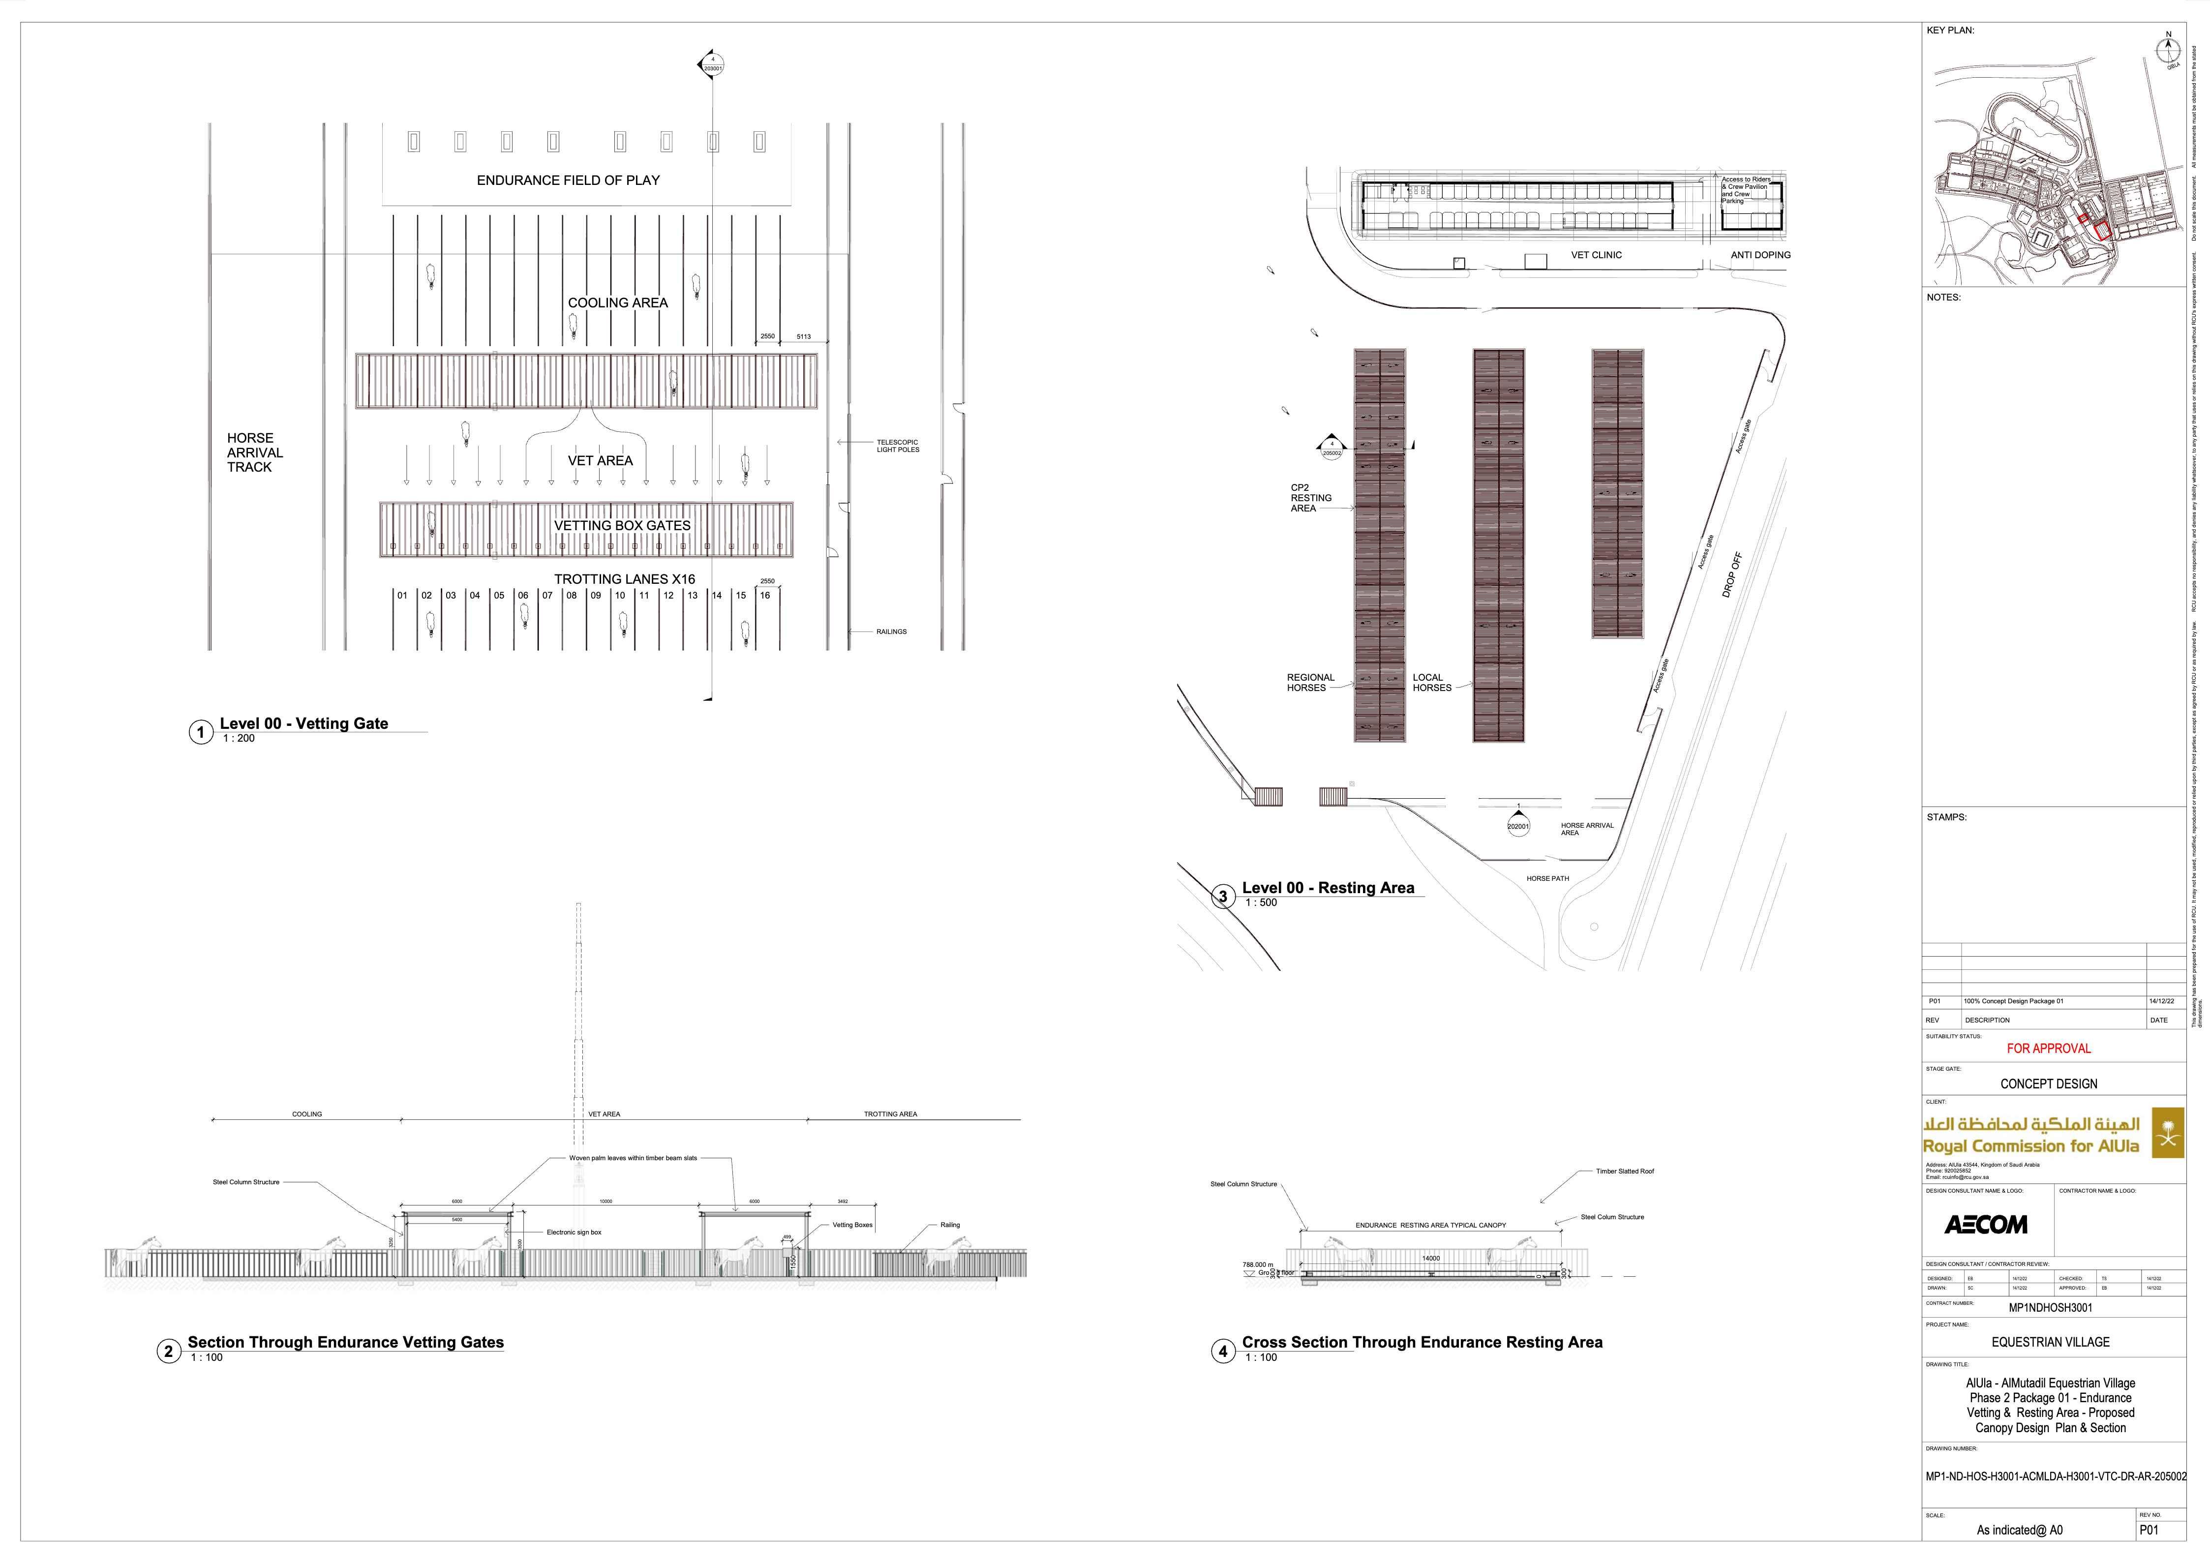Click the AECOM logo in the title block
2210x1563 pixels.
[1985, 1224]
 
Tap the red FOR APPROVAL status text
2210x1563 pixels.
[2048, 1048]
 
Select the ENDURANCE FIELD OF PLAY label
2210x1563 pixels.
[568, 180]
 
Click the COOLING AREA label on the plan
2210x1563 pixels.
[617, 302]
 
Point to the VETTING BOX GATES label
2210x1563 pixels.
[622, 525]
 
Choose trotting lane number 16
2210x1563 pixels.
[765, 596]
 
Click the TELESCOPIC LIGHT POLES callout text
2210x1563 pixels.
[897, 446]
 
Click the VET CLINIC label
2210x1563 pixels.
[1596, 255]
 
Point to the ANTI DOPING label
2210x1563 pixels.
[1760, 255]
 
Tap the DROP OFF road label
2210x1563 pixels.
[1731, 574]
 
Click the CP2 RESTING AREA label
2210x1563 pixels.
[1311, 498]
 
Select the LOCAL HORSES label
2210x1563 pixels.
[1431, 682]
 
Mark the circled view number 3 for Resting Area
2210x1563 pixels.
[1222, 896]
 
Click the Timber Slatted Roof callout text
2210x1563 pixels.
[1625, 1172]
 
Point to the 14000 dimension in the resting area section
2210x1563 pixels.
[1430, 1258]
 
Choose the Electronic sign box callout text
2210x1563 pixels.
[574, 1232]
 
